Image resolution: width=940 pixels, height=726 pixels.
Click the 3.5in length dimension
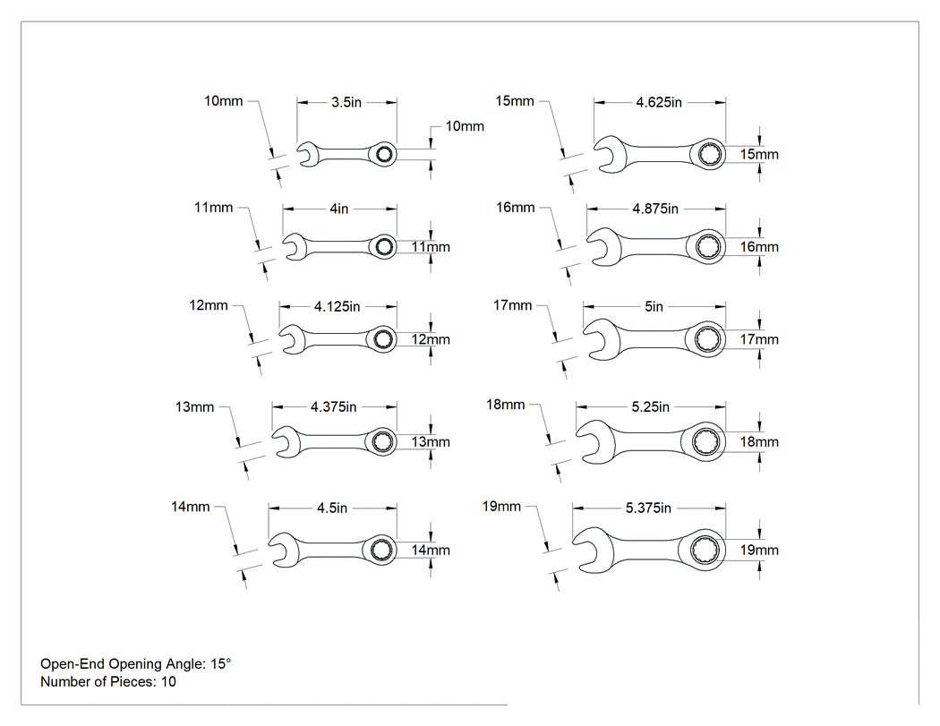tap(346, 103)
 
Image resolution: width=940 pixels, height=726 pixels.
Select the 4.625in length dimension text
tap(659, 103)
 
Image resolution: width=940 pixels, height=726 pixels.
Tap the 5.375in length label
tap(648, 508)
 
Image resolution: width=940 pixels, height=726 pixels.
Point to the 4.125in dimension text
tap(337, 307)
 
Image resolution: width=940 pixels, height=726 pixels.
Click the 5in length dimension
tap(654, 307)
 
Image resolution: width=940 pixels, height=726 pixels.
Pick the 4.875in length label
tap(655, 209)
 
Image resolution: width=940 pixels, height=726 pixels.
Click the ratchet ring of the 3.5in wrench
tap(382, 155)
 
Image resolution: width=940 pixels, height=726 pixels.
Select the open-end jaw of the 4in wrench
tap(294, 247)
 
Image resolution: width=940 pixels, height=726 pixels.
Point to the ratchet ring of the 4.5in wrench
tap(380, 550)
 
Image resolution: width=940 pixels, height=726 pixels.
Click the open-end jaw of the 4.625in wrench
tap(611, 155)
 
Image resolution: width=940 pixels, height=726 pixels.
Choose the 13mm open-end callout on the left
tap(194, 407)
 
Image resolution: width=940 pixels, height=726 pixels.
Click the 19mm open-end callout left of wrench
tap(501, 507)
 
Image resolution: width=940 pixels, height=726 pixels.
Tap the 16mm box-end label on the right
tap(759, 247)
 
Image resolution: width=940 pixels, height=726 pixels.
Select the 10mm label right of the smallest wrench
tap(465, 126)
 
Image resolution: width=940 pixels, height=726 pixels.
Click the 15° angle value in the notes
tap(220, 663)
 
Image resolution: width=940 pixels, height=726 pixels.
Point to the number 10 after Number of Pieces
tap(168, 681)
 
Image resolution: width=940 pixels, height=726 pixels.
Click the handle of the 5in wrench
tap(655, 339)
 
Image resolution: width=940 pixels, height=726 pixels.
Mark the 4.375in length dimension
tap(333, 407)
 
